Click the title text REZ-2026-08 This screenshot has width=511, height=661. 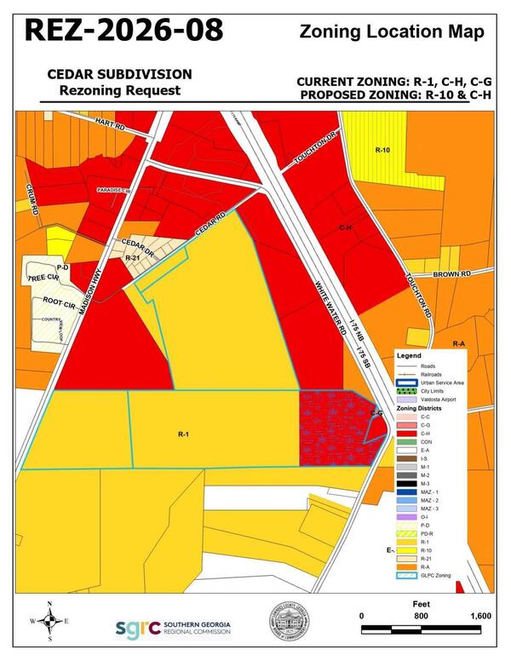point(123,29)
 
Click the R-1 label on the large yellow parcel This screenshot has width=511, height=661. point(182,434)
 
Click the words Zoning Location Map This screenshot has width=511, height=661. point(393,32)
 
